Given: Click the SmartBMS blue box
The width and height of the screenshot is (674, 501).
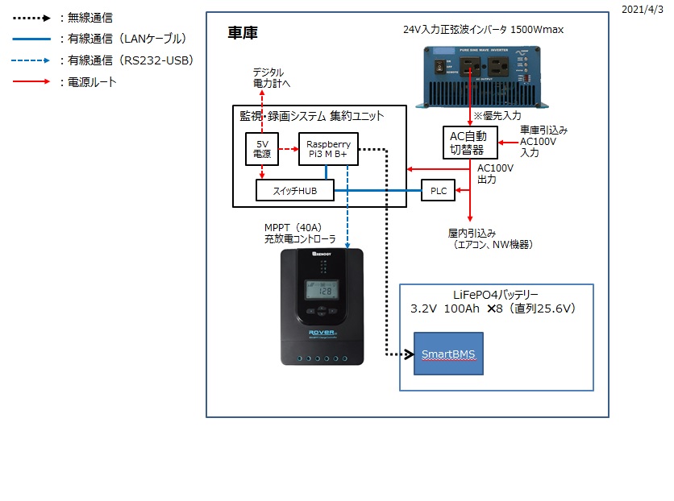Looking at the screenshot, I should click(x=448, y=354).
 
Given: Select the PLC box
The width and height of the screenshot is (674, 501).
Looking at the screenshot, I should click(x=438, y=191).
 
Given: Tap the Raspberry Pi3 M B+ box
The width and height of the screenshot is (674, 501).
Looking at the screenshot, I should click(x=328, y=149).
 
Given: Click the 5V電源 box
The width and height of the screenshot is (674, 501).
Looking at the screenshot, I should click(x=262, y=149).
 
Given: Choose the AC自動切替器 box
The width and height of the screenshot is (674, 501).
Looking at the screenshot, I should click(x=468, y=143).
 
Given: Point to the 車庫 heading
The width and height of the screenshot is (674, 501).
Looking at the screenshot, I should click(x=243, y=34).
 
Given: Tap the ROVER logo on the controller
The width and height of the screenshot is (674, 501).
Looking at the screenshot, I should click(x=322, y=330).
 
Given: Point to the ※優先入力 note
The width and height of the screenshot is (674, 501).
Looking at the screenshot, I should click(x=498, y=116).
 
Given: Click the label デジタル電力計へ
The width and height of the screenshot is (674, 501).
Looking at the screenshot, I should click(x=268, y=77).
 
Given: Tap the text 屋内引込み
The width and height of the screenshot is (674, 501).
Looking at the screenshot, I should click(x=470, y=232).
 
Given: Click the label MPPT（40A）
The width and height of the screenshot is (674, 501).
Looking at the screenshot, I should click(x=293, y=227).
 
